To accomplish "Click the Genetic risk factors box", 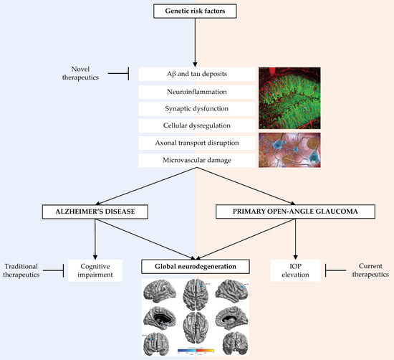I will tap(196, 12).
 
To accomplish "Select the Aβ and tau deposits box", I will tap(196, 75).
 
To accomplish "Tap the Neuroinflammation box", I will tap(196, 93).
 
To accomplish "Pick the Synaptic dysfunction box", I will tap(196, 109).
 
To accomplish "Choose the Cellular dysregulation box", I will tap(196, 126).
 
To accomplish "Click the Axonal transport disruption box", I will tap(196, 143).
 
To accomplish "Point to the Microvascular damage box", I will tap(196, 161).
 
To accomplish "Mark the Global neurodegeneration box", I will tap(196, 267).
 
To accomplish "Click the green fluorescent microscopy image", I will tap(289, 98).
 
